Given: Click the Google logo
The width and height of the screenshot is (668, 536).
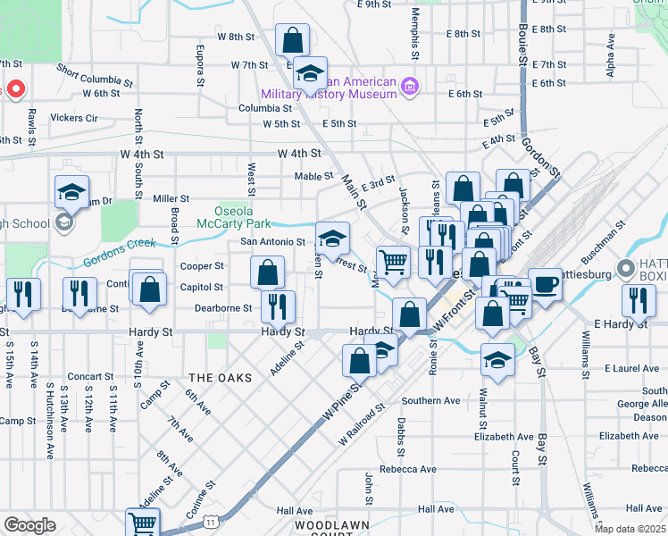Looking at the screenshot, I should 29,525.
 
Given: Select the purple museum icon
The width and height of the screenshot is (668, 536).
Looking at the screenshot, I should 410,87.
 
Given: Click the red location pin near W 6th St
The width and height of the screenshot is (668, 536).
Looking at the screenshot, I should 15,89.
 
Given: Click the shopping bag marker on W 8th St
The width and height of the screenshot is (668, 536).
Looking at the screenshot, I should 292,40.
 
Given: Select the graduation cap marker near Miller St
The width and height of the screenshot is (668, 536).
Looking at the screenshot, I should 72,191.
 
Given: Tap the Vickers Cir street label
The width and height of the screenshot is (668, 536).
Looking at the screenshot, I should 74,117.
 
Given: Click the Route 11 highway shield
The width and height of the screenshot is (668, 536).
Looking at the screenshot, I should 209,519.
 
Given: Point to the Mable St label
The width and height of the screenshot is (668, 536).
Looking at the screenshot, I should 314,176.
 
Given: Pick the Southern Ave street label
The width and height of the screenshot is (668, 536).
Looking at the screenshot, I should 430,400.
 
